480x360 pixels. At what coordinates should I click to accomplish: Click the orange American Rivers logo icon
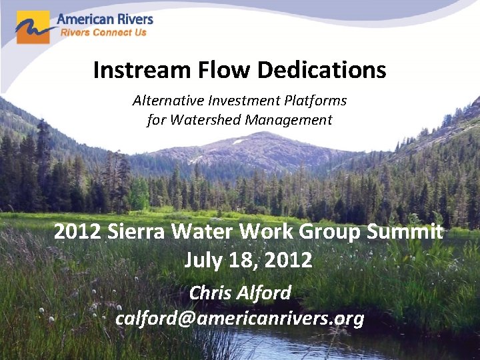(33, 27)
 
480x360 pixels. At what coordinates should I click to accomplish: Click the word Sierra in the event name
(134, 232)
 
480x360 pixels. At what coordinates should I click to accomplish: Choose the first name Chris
(210, 292)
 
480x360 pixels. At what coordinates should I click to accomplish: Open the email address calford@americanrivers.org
(240, 319)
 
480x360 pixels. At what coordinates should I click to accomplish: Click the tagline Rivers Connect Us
(103, 32)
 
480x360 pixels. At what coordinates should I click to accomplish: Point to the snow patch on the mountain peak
(238, 141)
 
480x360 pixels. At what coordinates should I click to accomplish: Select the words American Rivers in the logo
(105, 19)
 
